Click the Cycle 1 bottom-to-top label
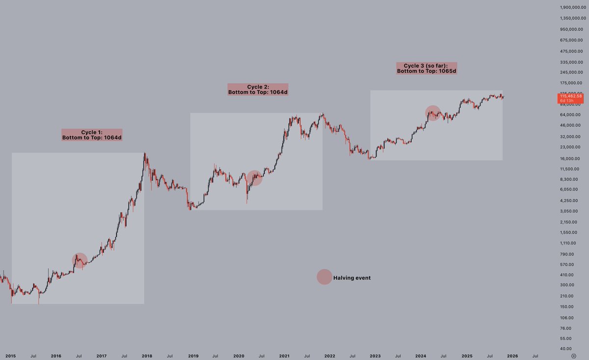point(92,135)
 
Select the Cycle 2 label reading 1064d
point(258,89)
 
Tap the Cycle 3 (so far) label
point(427,68)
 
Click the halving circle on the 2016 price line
point(80,260)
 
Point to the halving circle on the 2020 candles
point(254,178)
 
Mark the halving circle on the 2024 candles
point(432,113)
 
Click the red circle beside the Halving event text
point(324,277)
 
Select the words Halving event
point(352,278)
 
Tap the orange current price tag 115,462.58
point(570,98)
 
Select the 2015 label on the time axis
point(11,355)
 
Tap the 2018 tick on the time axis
point(147,355)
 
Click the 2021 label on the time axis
point(284,355)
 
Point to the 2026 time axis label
point(512,355)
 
